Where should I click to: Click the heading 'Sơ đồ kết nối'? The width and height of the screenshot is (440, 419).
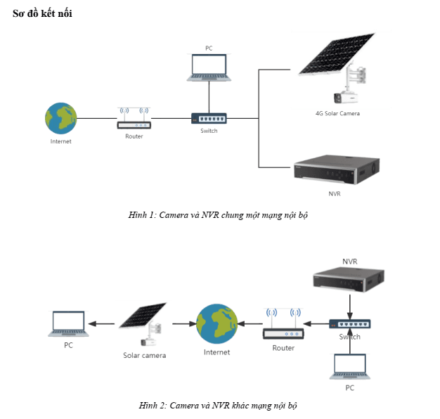(42, 13)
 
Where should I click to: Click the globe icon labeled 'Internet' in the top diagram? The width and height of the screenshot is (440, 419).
(60, 118)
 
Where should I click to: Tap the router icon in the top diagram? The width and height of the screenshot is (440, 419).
(134, 118)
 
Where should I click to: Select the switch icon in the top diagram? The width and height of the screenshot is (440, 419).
(209, 118)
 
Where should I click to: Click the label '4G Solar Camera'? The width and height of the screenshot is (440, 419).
(337, 113)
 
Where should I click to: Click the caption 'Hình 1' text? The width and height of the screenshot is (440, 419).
(219, 214)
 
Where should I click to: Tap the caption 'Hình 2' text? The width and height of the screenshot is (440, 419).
(219, 406)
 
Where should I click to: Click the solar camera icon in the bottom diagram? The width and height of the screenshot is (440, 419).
(144, 324)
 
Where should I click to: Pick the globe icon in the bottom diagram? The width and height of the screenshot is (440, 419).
(216, 323)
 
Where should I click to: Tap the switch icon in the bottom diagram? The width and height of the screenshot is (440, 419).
(349, 324)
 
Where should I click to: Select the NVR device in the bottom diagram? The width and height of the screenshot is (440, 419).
(349, 279)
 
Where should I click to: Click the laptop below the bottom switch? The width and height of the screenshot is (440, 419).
(349, 366)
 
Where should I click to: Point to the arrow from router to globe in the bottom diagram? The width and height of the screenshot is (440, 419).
(249, 324)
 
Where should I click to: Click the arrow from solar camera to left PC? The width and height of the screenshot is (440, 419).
(105, 324)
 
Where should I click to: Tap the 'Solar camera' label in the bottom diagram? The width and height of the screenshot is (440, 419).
(144, 355)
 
